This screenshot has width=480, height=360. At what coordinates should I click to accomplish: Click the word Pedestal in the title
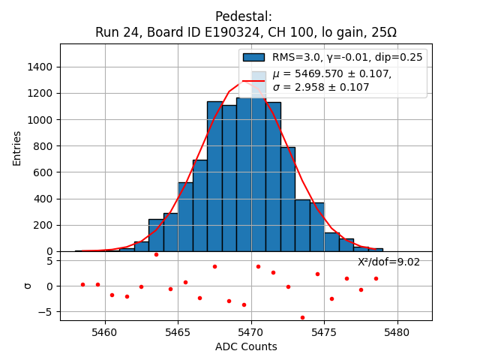243,16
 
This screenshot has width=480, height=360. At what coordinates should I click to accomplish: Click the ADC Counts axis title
246,346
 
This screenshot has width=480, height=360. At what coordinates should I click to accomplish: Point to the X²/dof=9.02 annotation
388,262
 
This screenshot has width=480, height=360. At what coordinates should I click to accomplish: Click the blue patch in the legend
253,58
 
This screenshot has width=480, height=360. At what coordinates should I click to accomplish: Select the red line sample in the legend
253,80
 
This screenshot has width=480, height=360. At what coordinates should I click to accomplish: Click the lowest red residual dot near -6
302,317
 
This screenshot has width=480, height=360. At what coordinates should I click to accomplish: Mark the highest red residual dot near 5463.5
156,254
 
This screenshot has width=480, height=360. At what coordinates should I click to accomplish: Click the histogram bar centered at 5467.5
214,180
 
